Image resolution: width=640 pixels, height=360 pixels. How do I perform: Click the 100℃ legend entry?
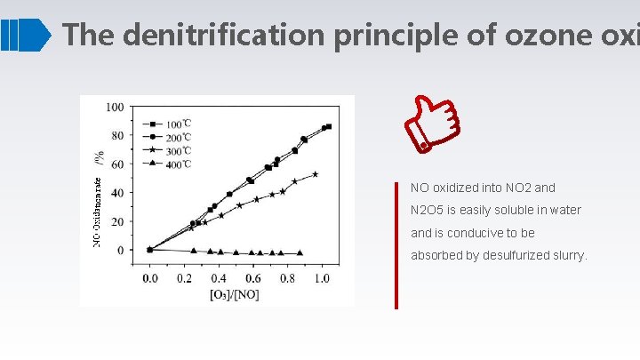174,123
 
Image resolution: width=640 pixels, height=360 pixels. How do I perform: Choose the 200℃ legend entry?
174,136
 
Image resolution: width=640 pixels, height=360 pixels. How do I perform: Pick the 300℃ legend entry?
174,149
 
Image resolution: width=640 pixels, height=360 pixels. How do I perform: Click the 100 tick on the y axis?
115,108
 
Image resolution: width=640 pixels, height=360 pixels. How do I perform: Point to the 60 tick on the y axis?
117,164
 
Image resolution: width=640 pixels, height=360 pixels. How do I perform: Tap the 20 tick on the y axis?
117,221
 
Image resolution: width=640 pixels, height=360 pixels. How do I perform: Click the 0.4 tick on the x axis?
219,278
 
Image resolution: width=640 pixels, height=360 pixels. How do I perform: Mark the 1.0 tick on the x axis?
321,278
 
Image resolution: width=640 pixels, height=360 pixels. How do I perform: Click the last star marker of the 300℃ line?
315,174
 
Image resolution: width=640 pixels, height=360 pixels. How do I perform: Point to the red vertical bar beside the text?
397,244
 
